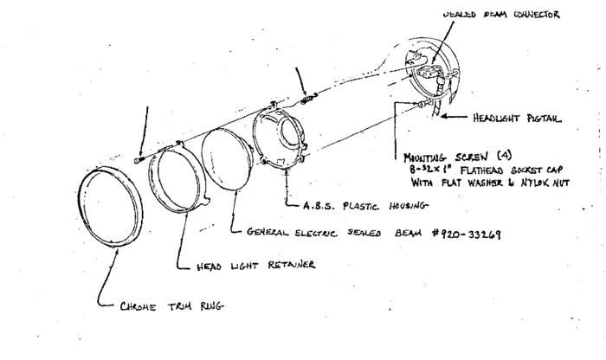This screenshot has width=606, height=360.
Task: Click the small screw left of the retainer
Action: point(139,160)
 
